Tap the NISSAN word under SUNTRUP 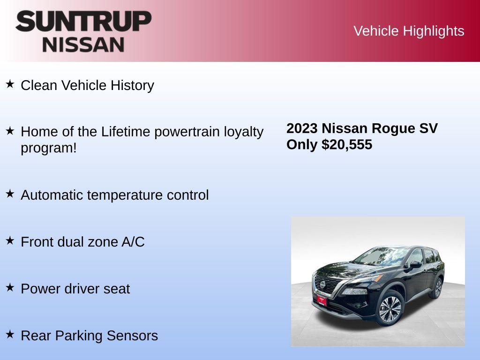click(83, 45)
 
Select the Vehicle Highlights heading click(409, 31)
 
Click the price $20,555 click(347, 144)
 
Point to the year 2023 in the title click(302, 128)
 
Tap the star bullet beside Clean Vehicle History click(10, 84)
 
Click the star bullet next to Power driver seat click(10, 288)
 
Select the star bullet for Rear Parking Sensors click(10, 335)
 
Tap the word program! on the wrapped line click(48, 148)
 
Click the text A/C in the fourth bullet click(133, 242)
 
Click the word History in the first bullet click(132, 85)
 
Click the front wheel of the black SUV click(390, 308)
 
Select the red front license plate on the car click(322, 300)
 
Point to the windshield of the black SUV click(375, 257)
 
